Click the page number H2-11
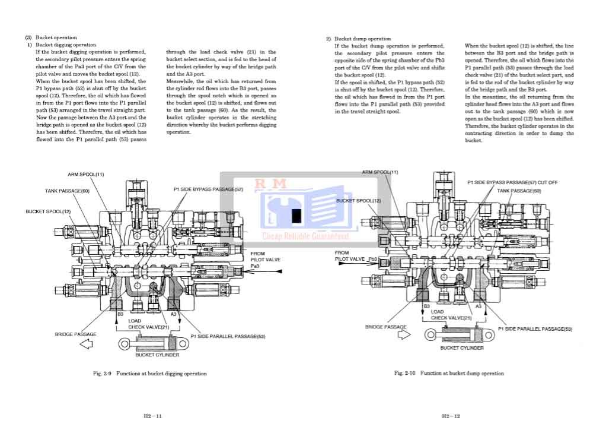pyautogui.click(x=152, y=416)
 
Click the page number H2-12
pyautogui.click(x=452, y=416)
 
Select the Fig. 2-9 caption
pyautogui.click(x=150, y=374)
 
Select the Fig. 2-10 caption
pyautogui.click(x=449, y=374)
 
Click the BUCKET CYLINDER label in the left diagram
pyautogui.click(x=157, y=355)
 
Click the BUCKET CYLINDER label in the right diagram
pyautogui.click(x=462, y=348)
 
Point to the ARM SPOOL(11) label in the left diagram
pyautogui.click(x=85, y=174)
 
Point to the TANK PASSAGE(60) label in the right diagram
pyautogui.click(x=519, y=191)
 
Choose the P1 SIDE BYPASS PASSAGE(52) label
pyautogui.click(x=208, y=189)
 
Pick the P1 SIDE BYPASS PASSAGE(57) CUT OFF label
pyautogui.click(x=512, y=182)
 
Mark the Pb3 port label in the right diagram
pyautogui.click(x=372, y=259)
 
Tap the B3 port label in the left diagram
pyautogui.click(x=120, y=313)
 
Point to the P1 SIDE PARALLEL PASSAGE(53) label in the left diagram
pyautogui.click(x=228, y=337)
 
